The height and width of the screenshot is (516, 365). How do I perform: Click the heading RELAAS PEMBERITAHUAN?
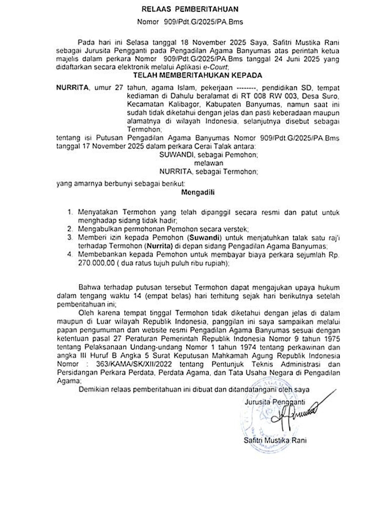tap(190, 9)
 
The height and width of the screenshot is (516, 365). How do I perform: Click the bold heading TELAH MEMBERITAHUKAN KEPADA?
tap(198, 75)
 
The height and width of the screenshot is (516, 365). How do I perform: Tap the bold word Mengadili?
tap(198, 192)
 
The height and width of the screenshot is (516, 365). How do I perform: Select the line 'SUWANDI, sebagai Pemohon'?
tap(208, 155)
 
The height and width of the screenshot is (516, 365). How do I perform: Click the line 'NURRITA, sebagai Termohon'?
tap(208, 171)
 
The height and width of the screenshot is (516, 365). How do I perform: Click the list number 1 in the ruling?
tap(70, 213)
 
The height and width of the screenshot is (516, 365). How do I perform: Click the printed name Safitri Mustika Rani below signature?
tap(275, 440)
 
